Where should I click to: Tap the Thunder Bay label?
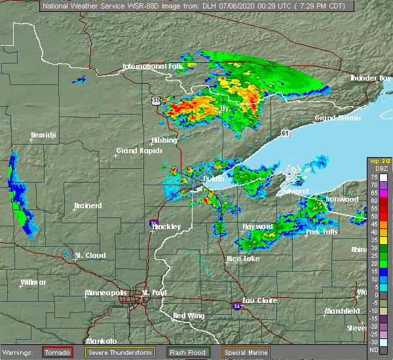(x=369, y=78)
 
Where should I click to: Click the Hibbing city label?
(x=164, y=140)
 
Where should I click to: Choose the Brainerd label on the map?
(x=88, y=206)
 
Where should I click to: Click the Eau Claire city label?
(x=259, y=300)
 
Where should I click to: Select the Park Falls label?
(x=322, y=232)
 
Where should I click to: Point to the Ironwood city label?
(x=343, y=199)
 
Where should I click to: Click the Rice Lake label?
(x=242, y=259)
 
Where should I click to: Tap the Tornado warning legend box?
(x=58, y=352)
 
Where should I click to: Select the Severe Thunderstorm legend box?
(x=119, y=352)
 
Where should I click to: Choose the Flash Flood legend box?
(x=189, y=352)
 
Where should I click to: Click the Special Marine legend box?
(x=247, y=352)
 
